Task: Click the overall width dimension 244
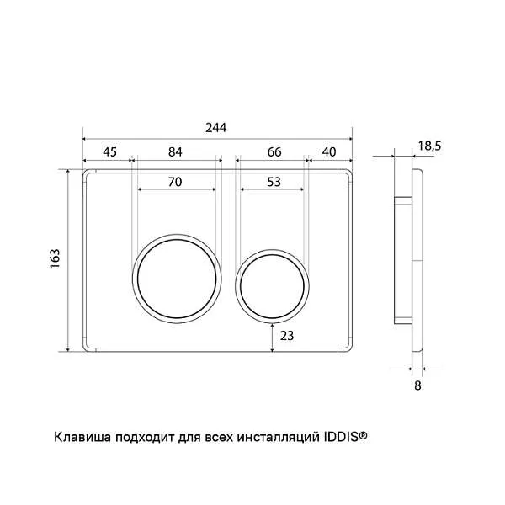point(216,128)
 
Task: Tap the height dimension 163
point(55,258)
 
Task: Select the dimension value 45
point(109,151)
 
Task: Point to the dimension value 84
point(175,151)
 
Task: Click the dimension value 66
point(274,151)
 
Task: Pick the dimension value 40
point(329,151)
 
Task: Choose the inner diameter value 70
point(175,182)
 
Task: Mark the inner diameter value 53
point(274,182)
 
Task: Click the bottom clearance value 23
point(287,336)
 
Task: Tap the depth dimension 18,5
point(429,146)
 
